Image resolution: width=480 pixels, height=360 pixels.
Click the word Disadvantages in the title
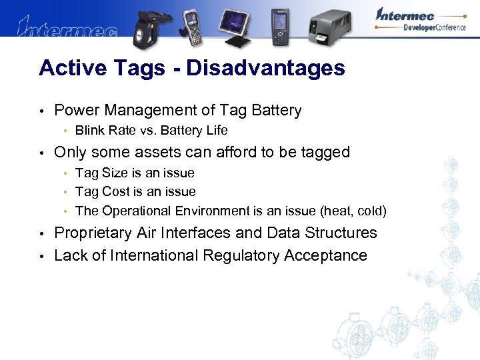coord(266,68)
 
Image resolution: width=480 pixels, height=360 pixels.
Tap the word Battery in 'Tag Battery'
coord(275,111)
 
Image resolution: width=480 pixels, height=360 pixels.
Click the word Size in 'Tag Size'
coord(114,173)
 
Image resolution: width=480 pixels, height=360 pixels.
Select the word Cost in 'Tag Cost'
coord(115,192)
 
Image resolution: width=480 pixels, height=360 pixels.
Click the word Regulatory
coord(248,255)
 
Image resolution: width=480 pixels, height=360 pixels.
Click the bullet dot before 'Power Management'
coord(41,111)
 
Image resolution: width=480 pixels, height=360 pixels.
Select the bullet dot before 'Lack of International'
coord(41,256)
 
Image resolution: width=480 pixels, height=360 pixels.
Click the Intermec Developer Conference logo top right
coord(420,20)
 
